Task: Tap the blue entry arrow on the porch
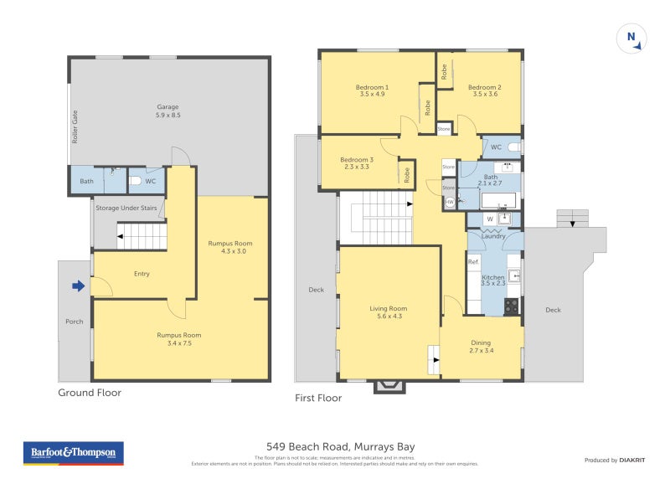point(79,287)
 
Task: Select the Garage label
point(168,111)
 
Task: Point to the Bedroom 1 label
point(372,90)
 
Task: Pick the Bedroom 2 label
point(484,90)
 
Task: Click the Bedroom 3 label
point(357,162)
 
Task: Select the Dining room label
point(481,347)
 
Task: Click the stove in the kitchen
point(511,306)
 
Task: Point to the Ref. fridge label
point(473,262)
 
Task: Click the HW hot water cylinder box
point(450,202)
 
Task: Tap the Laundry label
point(493,236)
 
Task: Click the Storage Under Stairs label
point(127,208)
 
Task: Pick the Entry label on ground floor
point(142,273)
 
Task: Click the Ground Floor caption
point(90,392)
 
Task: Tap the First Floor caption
point(318,399)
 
